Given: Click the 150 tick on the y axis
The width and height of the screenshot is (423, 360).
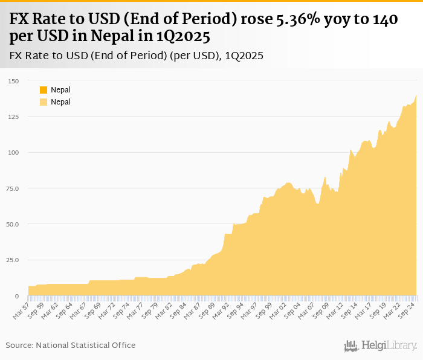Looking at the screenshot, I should (13, 81).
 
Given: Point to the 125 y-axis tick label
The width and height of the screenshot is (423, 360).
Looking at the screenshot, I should (13, 117).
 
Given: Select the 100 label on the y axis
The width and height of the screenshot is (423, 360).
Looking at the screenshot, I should (13, 152).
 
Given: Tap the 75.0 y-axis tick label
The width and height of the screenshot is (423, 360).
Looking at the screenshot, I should (13, 188).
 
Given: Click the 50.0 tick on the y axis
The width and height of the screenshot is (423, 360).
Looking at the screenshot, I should (13, 224).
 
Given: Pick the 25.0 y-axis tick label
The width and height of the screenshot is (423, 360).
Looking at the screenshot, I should (13, 260).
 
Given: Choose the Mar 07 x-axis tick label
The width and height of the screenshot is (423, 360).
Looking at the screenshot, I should (305, 310).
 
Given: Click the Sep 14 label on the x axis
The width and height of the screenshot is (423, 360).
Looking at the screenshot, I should (347, 310).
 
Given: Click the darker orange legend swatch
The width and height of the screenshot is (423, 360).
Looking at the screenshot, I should (44, 90).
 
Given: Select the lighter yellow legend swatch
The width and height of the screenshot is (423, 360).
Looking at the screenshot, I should (44, 102).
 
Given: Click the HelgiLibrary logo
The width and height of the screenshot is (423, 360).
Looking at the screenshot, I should (380, 346).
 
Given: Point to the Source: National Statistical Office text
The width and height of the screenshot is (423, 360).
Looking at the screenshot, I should (71, 345).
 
